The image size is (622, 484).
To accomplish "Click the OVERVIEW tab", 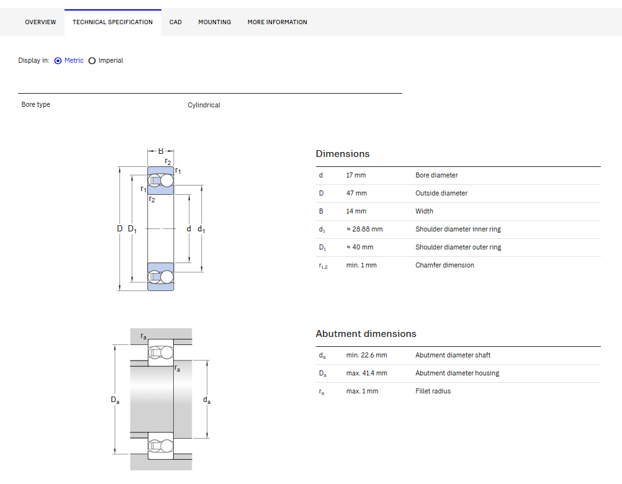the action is pos(40,22).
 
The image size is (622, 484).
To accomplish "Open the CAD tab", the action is pos(175,22).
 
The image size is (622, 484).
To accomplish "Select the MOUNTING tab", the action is pos(215,22).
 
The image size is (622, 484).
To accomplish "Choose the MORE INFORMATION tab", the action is pos(277,22).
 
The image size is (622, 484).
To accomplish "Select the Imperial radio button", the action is pos(92,61).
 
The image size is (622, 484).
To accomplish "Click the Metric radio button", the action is pos(58,61).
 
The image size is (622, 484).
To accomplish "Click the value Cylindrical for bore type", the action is pos(204,105).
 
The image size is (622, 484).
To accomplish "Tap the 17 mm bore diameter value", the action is pos(356,175).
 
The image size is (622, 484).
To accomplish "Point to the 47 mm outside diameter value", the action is pos(356,193).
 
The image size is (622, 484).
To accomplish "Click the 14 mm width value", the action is pos(356,211).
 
